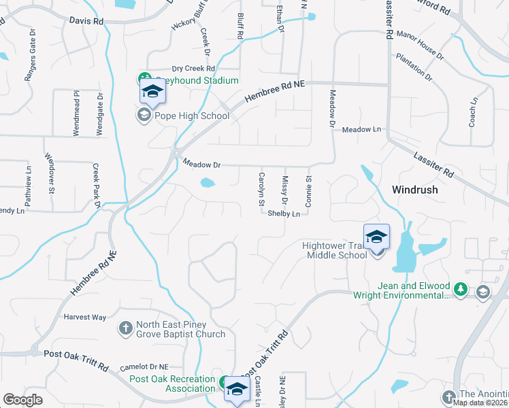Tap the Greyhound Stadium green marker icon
tap(144, 79)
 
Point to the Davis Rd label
tap(86, 21)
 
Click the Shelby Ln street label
tap(284, 214)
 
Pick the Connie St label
tap(308, 192)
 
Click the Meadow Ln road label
tap(361, 129)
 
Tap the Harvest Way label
tap(85, 317)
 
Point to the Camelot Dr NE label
tap(144, 367)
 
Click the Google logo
tap(23, 400)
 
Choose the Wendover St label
tap(51, 175)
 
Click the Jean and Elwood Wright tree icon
tap(461, 290)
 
